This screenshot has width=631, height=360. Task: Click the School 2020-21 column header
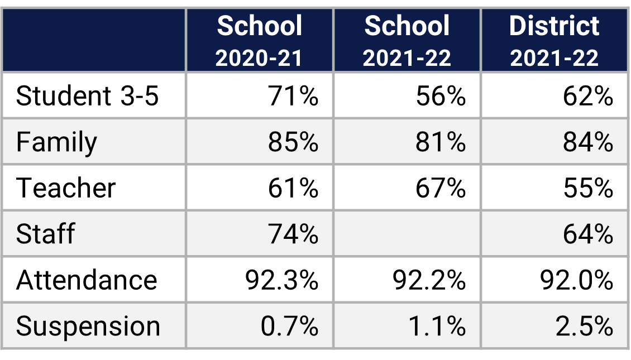(259, 41)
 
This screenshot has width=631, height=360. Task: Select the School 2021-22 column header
(407, 41)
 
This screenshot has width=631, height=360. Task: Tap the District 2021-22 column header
(554, 41)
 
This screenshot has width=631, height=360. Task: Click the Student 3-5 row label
(87, 96)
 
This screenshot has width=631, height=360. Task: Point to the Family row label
(56, 142)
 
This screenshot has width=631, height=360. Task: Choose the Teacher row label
(66, 188)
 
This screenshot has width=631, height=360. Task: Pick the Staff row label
(45, 233)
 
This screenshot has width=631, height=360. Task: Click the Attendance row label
(87, 279)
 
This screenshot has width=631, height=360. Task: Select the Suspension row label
(88, 326)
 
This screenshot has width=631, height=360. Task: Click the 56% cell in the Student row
(441, 96)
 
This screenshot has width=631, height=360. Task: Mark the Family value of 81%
(441, 142)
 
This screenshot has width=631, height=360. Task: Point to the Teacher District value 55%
(588, 188)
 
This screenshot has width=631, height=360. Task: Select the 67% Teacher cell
(441, 188)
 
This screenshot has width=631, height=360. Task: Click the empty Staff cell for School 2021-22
(407, 233)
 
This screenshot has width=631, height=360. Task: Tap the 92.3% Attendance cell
(282, 279)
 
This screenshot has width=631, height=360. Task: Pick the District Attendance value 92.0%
(577, 279)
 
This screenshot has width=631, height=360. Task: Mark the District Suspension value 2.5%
(584, 326)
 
